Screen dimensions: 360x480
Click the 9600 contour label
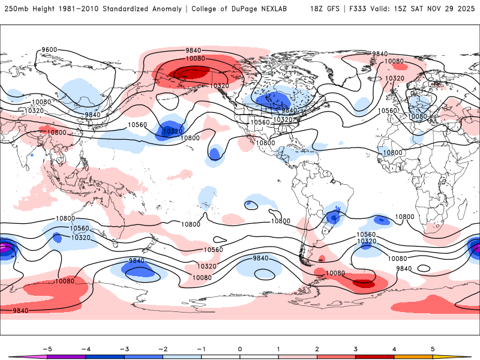(x=49, y=50)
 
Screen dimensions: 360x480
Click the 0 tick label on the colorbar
(x=240, y=348)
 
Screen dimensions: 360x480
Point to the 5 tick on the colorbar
(x=433, y=348)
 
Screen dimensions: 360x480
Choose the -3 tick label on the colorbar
(x=124, y=348)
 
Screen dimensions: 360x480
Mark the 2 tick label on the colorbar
(x=317, y=348)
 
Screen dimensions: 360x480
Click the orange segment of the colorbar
(x=413, y=356)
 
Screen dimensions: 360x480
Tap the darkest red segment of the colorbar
(x=375, y=356)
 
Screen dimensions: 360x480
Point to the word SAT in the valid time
(x=413, y=9)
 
